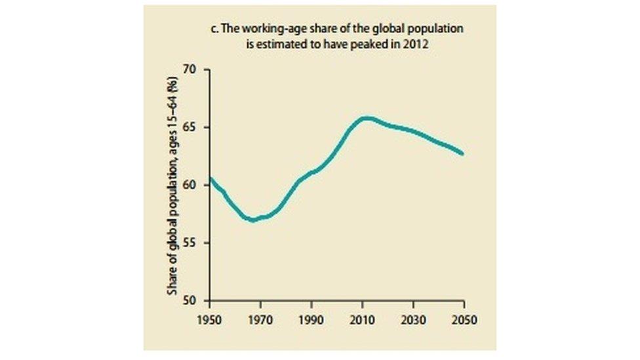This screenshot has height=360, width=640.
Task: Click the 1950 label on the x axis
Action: [x=209, y=321]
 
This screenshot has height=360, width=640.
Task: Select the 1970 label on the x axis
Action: [x=260, y=321]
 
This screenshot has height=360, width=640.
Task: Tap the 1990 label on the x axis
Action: [x=311, y=321]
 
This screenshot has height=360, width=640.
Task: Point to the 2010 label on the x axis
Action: [x=363, y=321]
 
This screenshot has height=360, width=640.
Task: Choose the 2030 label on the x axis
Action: [x=413, y=321]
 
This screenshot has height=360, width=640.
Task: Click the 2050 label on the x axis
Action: [x=464, y=321]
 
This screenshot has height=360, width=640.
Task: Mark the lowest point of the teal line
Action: [x=252, y=220]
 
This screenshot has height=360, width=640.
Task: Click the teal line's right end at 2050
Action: [x=464, y=154]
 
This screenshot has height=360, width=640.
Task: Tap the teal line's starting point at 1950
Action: [x=210, y=178]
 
